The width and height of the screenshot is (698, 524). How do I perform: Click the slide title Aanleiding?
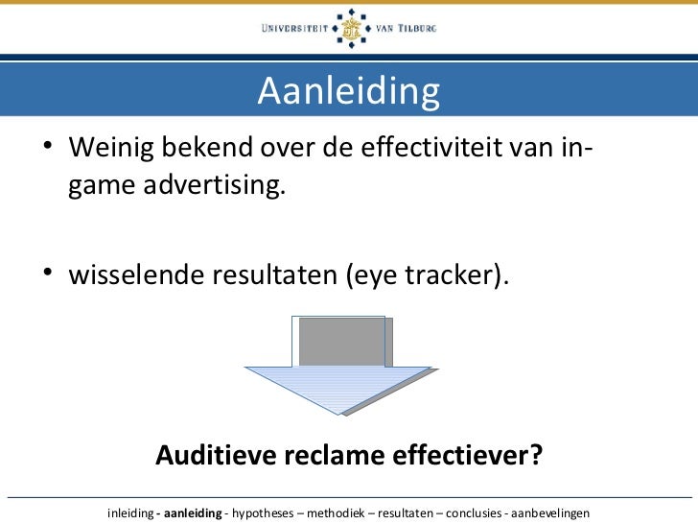point(348,91)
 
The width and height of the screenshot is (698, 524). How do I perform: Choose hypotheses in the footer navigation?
point(263,512)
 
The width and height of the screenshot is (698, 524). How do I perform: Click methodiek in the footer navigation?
point(337,512)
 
